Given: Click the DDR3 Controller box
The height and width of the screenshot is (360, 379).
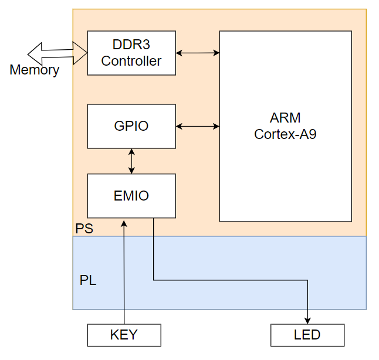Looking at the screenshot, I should [x=131, y=53].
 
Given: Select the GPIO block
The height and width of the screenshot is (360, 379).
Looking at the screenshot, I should [x=131, y=126].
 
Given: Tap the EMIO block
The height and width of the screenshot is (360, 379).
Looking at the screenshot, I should [x=131, y=196].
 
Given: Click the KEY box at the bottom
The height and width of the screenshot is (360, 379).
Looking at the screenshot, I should [x=124, y=335].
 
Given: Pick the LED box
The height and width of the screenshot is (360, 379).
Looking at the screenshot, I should [x=307, y=335].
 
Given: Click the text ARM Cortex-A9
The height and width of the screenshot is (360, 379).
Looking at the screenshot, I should [x=285, y=125].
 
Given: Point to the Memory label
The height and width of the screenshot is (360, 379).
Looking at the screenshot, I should [x=34, y=70].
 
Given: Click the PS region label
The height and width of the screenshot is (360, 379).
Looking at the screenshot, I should [x=84, y=228].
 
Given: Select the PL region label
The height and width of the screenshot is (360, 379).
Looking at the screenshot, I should [x=88, y=280].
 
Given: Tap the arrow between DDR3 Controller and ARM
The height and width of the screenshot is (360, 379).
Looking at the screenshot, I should [x=198, y=53].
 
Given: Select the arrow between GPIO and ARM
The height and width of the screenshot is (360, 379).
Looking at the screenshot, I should [x=198, y=126].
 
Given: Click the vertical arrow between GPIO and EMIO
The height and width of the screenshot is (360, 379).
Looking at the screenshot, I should [x=131, y=161].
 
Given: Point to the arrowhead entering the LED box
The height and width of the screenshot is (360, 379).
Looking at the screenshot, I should [x=307, y=320].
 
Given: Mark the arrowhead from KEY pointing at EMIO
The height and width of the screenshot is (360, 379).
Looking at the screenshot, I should [x=124, y=223].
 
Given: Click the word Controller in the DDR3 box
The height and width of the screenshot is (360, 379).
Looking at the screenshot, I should [x=131, y=61].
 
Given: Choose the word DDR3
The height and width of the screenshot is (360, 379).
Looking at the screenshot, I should [x=131, y=45].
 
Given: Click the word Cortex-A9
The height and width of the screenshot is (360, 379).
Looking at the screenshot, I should [x=285, y=134].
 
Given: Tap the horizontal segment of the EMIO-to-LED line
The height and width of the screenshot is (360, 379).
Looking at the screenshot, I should [x=229, y=280].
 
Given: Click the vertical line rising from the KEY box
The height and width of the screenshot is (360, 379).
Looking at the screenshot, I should [x=124, y=276].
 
